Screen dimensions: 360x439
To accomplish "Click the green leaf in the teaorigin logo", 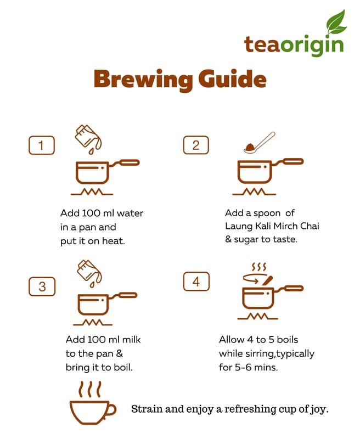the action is pos(336,22).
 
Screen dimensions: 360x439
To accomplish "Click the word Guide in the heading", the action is pos(232,79).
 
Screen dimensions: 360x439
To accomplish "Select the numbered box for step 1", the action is pos(41,145).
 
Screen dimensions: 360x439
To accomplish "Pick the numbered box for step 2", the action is pos(196,145).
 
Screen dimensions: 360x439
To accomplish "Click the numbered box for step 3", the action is pos(42,286).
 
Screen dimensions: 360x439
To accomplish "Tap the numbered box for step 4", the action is pos(196,282).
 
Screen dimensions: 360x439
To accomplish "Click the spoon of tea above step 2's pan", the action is pos(259,143).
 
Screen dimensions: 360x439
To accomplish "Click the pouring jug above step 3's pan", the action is pos(89,273).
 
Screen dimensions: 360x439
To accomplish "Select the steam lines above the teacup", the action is pos(89,389).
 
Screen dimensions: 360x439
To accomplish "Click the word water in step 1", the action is pos(130,213).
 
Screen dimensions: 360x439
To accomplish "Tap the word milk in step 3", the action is pos(132,339).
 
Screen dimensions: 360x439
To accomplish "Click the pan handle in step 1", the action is pos(124,163).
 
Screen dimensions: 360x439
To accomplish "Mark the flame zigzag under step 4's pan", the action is pos(257,317).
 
